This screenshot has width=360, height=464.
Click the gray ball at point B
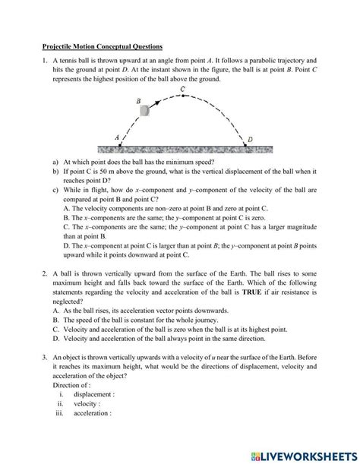click(x=144, y=111)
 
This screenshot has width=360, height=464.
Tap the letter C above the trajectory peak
click(x=183, y=90)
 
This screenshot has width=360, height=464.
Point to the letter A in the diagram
click(x=116, y=137)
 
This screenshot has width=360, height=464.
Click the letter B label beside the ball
click(x=137, y=100)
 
